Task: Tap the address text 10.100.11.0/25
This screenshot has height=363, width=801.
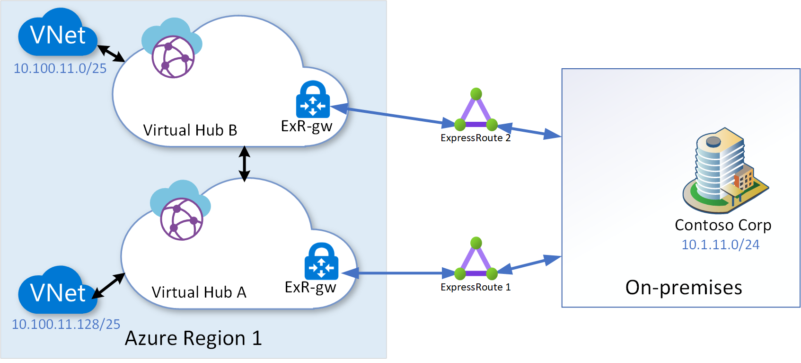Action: coord(60,68)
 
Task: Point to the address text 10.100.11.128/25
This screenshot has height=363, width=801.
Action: coord(66,324)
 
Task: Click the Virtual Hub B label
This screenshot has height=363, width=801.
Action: coord(190,130)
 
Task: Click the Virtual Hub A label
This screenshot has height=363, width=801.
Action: coord(199,292)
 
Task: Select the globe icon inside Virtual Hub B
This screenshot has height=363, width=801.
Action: coord(173,57)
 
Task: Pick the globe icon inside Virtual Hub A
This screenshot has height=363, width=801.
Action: coord(181,219)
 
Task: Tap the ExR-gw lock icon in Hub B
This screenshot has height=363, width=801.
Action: coord(313,100)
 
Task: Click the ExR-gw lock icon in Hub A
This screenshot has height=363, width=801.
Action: coord(321,262)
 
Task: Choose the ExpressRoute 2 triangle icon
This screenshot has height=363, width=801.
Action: coord(476,111)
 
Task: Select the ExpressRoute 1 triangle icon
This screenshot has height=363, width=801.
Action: coord(476,260)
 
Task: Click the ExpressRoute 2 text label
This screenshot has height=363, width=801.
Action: coord(475,138)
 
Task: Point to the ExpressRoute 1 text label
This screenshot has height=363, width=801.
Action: coord(475,287)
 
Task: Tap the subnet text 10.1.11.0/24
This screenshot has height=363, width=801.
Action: coord(720,245)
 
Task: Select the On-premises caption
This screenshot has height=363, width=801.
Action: coord(684,288)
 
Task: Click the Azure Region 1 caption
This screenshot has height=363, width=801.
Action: coord(193,338)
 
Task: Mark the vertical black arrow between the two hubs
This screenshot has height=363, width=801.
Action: coord(244,164)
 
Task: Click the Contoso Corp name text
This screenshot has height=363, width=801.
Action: coord(723,225)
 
